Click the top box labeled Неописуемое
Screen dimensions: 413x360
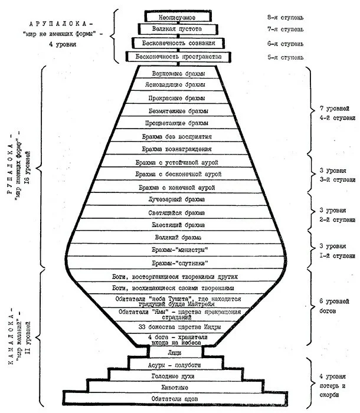pyautogui.click(x=176, y=17)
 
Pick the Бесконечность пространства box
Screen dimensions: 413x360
pyautogui.click(x=176, y=57)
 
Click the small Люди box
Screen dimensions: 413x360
pyautogui.click(x=175, y=352)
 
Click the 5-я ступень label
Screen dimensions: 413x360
pyautogui.click(x=286, y=58)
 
